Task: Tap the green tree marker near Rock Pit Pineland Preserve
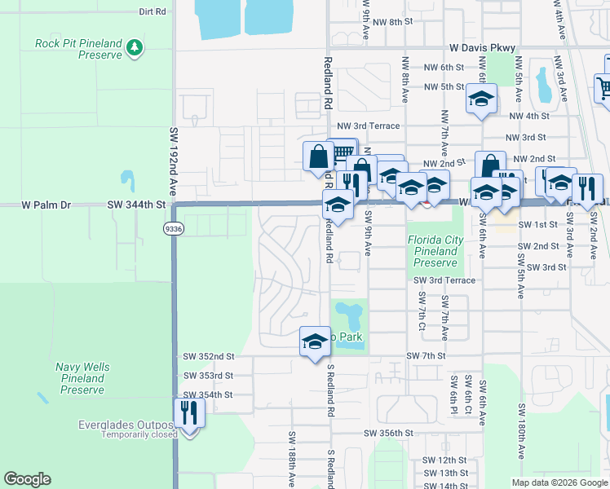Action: pos(135,49)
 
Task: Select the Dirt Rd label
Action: pos(152,11)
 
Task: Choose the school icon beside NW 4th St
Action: pos(481,100)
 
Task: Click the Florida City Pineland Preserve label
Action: pos(435,252)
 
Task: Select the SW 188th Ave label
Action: pos(290,460)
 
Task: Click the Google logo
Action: pos(27,479)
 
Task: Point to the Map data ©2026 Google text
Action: pos(559,482)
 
